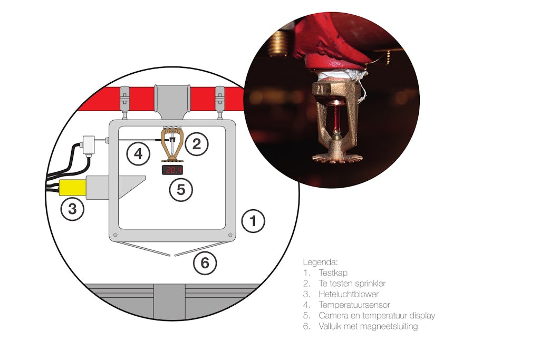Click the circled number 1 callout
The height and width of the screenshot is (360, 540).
[x=254, y=221]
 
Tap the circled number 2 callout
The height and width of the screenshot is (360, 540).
[x=196, y=144]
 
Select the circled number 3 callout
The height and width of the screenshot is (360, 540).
[x=72, y=209]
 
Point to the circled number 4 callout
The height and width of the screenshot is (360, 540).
[x=138, y=154]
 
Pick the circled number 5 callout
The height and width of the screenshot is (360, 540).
[x=181, y=190]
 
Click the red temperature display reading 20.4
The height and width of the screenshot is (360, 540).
[x=172, y=170]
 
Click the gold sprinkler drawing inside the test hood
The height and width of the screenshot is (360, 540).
[x=171, y=146]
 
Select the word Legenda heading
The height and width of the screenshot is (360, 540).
[x=320, y=261]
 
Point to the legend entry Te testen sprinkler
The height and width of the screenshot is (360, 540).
[x=352, y=284]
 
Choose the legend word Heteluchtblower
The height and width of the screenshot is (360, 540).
[x=349, y=294]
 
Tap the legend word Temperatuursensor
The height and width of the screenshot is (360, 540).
[x=354, y=305]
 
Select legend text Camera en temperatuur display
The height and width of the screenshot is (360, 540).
[x=377, y=316]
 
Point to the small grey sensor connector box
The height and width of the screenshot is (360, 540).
[x=88, y=143]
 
